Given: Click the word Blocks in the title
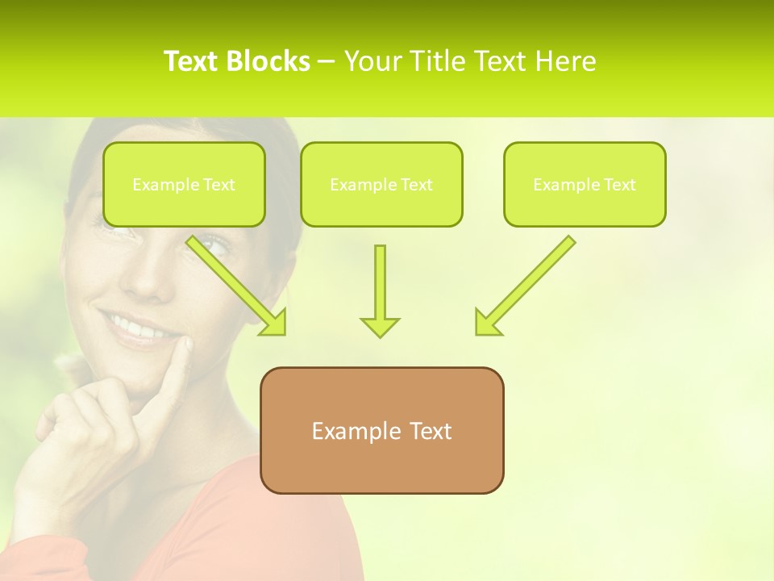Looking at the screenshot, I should click(267, 61).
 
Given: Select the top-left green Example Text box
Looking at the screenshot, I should click(184, 184).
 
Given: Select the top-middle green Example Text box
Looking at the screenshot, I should click(381, 184).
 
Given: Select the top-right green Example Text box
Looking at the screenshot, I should click(585, 184).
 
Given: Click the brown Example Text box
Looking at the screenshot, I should click(381, 430).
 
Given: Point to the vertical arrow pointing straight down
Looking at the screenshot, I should click(380, 291).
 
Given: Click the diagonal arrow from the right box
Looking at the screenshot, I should click(525, 286).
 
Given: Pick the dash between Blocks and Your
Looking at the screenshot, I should click(327, 61).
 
